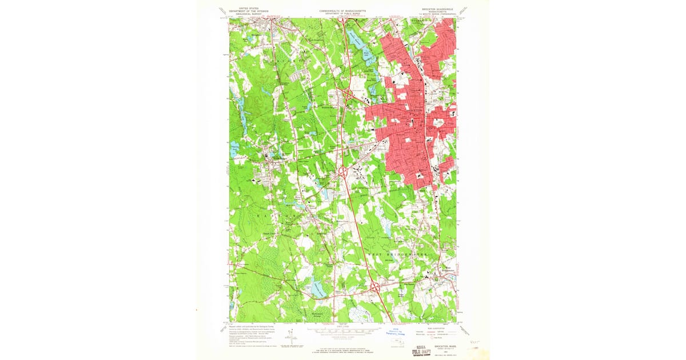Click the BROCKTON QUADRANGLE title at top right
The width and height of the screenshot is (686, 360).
tap(437, 10)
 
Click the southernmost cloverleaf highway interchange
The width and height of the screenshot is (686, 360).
tap(375, 288)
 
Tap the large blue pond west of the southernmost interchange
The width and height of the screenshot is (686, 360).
tap(318, 290)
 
